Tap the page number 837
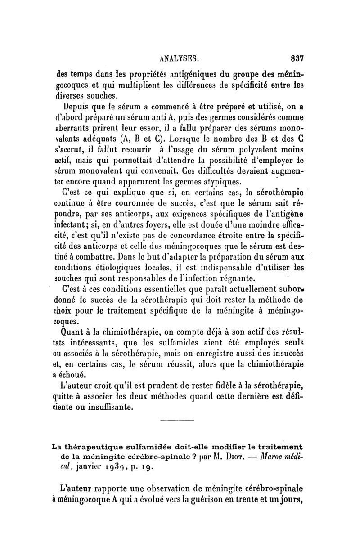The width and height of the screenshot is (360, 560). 297,58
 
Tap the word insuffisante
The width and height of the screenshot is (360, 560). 106,408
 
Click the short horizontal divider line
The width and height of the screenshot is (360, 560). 177,421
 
